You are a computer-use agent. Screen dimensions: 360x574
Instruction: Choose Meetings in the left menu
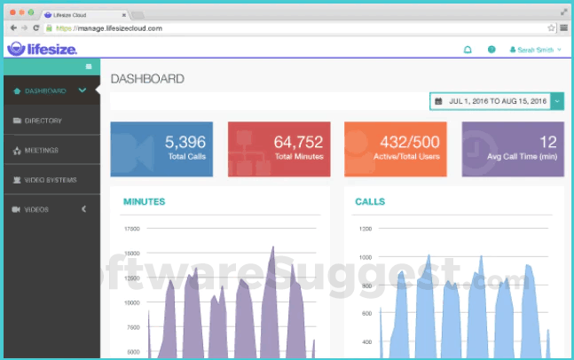(x=42, y=150)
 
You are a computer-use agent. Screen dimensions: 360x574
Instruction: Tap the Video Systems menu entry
(x=50, y=180)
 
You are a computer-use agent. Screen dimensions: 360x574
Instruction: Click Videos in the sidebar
(x=37, y=210)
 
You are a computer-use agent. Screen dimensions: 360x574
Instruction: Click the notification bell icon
(x=468, y=50)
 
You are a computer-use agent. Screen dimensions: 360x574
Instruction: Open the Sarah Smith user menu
(x=535, y=50)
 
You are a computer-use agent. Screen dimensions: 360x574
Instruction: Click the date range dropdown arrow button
(x=557, y=102)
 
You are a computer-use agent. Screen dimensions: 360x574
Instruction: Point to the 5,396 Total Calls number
(x=185, y=141)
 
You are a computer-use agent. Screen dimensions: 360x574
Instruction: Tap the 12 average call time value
(x=547, y=141)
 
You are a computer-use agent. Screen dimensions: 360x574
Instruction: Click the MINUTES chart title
(x=144, y=202)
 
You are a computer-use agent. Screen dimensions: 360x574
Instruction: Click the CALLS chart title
(x=369, y=202)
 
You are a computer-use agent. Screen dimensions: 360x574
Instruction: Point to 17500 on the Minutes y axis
(x=131, y=229)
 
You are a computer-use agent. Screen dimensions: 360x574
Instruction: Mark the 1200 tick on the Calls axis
(x=366, y=229)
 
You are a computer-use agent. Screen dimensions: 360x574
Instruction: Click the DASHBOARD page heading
(x=147, y=79)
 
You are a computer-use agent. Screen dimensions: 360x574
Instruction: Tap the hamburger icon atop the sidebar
(x=89, y=67)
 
